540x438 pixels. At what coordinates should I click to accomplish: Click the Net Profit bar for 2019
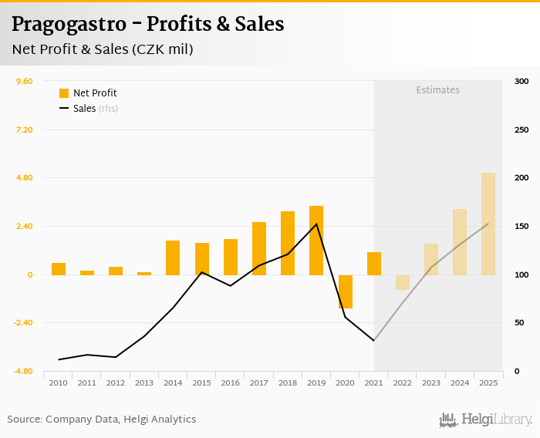coord(316,241)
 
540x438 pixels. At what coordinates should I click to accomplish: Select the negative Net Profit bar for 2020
coord(345,291)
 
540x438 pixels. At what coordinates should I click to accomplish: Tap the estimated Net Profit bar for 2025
coord(488,224)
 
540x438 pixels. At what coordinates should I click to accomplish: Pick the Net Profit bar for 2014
coord(173,258)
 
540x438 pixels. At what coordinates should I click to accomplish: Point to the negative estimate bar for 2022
coord(403,282)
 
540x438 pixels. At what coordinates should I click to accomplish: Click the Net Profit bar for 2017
coord(259,248)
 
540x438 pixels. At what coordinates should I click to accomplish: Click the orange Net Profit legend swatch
coord(64,93)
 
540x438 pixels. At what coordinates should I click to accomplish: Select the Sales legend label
coord(84,109)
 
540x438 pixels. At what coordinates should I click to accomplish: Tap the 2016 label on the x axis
coord(230,382)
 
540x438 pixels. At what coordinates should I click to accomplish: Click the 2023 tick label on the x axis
coord(431,382)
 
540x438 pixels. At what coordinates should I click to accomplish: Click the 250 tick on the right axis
coord(521,130)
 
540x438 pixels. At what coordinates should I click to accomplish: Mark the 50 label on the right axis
coord(519,323)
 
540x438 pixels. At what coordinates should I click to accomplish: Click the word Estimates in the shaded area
coord(437,90)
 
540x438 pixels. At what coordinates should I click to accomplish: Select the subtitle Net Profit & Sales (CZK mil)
coord(103,49)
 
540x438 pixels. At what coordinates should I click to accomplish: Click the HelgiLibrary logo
coord(485,419)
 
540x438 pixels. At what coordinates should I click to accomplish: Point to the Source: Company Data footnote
coord(102,419)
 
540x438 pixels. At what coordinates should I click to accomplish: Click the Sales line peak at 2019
coord(316,224)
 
